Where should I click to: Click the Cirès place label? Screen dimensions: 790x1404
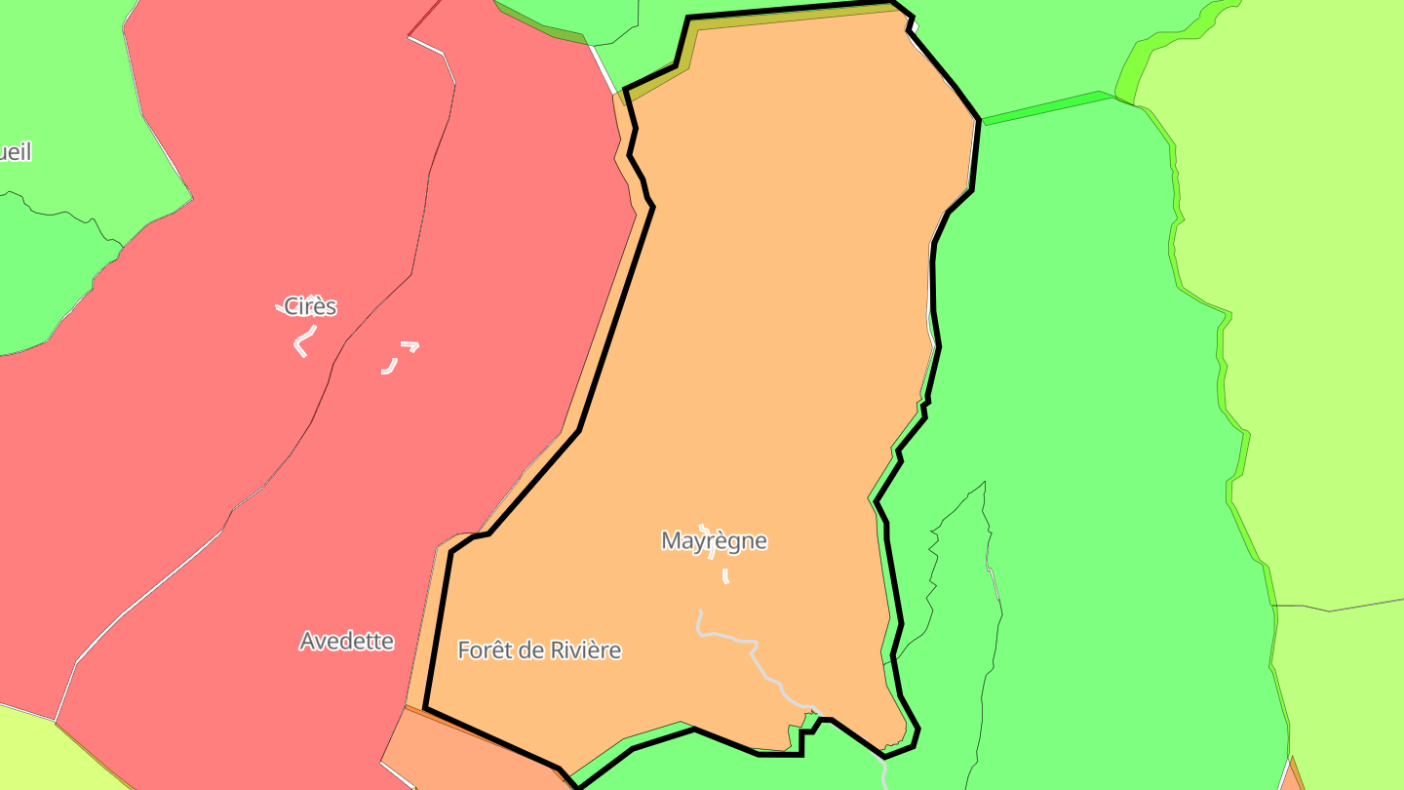[310, 306]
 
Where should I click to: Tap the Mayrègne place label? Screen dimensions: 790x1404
[714, 540]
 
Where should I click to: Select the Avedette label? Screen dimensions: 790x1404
[346, 641]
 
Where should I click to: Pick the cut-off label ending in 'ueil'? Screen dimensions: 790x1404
[15, 152]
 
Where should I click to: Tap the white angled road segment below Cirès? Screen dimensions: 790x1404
[302, 343]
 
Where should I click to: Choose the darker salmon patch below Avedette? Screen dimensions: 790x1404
[468, 756]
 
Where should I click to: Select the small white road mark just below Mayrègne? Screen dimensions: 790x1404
[725, 576]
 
